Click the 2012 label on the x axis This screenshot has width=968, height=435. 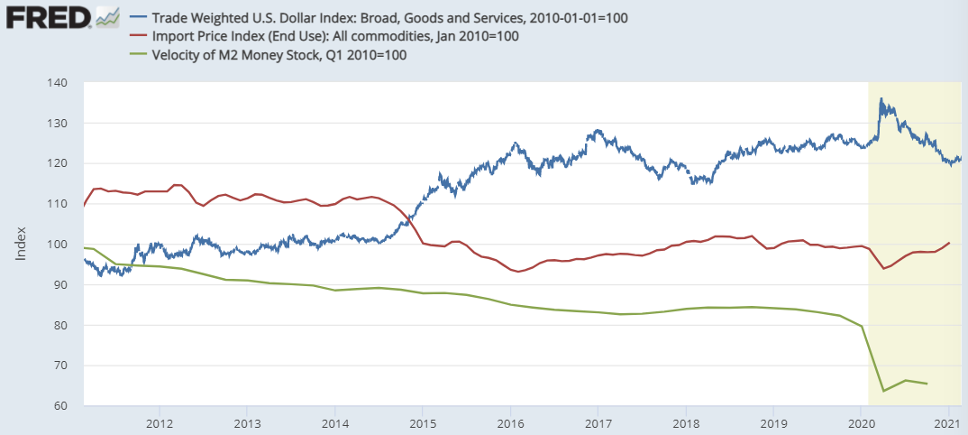[160, 422]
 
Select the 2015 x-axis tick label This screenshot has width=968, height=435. [423, 422]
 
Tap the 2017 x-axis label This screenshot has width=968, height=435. [598, 422]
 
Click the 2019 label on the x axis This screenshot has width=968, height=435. [774, 422]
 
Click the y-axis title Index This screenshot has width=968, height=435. [20, 245]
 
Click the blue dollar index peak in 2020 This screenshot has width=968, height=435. [881, 99]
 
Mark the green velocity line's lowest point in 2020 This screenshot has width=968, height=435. [883, 391]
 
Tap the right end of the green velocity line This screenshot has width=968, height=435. [927, 384]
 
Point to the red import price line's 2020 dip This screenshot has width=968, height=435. [883, 269]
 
